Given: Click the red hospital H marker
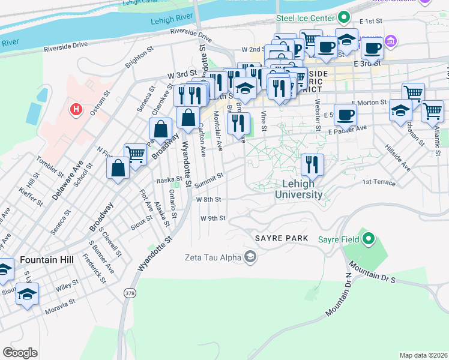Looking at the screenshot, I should (76, 109).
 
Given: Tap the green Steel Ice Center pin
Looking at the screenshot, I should (343, 17).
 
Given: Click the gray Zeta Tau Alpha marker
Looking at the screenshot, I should (250, 257).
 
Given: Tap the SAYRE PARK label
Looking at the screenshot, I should (282, 238).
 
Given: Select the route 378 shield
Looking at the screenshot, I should (129, 293).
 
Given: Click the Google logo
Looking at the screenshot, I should (20, 352).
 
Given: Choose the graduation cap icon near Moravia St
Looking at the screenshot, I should (27, 293).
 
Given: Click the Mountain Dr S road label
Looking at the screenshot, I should (370, 271).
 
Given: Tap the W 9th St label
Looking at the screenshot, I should (213, 218).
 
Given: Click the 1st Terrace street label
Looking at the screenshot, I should (379, 182).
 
